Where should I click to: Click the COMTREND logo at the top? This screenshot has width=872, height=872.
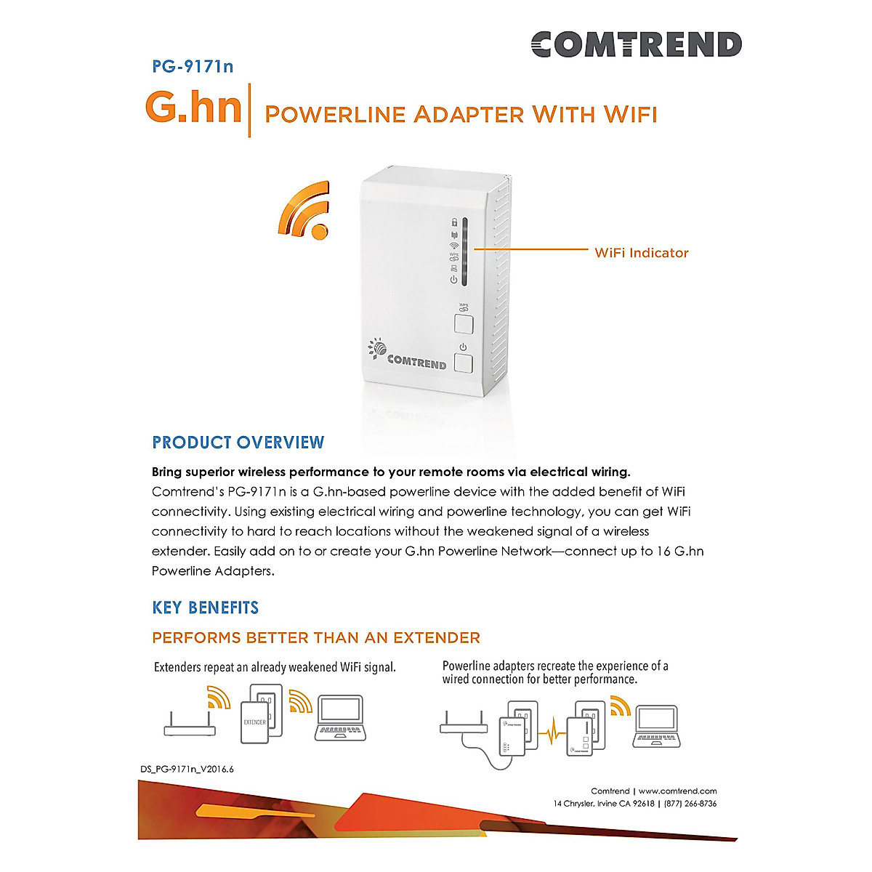click(636, 44)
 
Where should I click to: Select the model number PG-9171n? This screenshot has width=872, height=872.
click(193, 67)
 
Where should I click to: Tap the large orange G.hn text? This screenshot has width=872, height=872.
click(193, 107)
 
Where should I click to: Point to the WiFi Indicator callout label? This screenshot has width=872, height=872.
click(641, 253)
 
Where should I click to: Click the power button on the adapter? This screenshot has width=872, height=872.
click(463, 363)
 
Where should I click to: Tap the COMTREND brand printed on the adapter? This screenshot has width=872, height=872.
click(416, 360)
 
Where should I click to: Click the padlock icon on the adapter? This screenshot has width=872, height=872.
click(454, 222)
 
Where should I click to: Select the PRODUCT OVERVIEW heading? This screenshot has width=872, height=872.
click(238, 443)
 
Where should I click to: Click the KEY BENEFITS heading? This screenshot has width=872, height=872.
click(205, 607)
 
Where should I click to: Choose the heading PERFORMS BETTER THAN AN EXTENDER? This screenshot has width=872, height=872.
click(316, 638)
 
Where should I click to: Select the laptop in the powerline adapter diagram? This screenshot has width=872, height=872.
click(656, 727)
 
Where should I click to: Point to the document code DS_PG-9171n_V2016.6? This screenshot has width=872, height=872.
click(187, 770)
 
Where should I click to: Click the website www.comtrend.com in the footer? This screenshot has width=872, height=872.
click(677, 791)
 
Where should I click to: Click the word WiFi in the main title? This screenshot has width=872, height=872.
click(630, 115)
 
